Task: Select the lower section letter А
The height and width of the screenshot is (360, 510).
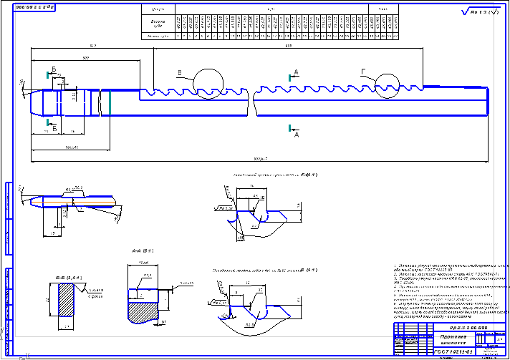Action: [296, 132]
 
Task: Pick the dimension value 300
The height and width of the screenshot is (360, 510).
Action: [86, 57]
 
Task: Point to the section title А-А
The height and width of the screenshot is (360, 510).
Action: [148, 250]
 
